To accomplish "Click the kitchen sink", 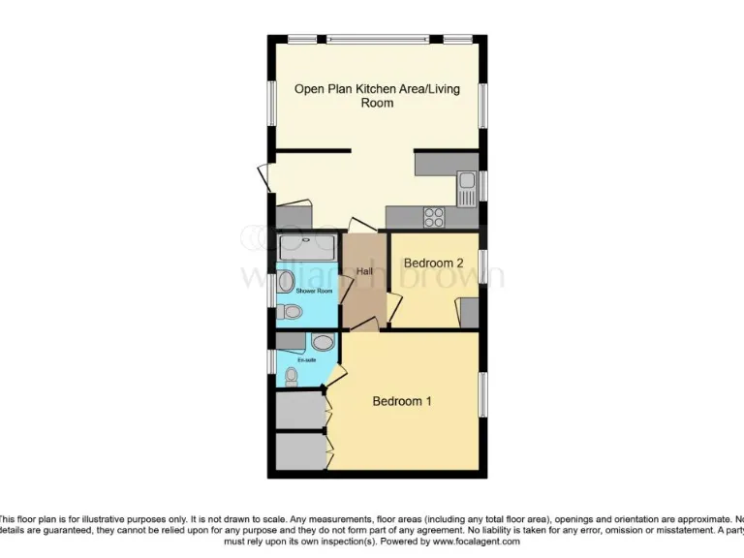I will (x=466, y=181).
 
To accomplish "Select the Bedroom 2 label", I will (x=433, y=263).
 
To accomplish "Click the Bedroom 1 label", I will (x=402, y=401).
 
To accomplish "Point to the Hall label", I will (x=364, y=271).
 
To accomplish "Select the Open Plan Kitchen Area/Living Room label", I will (x=377, y=95).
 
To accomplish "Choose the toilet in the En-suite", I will (x=292, y=376).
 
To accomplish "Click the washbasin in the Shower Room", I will (x=287, y=282).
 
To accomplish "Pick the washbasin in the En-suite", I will (x=322, y=342).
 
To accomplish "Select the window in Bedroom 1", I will (x=483, y=395).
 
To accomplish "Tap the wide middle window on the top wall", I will (x=377, y=40).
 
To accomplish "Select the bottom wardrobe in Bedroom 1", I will (x=299, y=450).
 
